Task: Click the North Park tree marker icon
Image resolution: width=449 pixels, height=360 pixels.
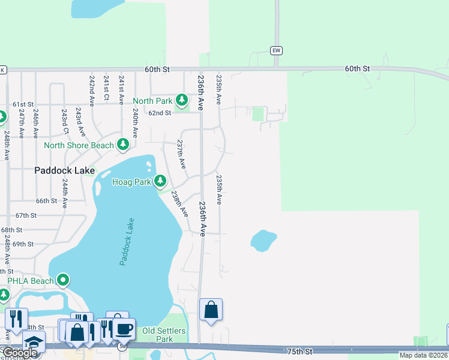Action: [182, 101]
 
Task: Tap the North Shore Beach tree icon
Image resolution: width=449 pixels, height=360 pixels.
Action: [123, 145]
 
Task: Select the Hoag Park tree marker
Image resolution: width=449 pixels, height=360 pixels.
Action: [160, 181]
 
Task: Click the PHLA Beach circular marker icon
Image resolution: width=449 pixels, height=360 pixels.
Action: [63, 280]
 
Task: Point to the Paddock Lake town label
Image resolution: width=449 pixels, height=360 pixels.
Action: [64, 170]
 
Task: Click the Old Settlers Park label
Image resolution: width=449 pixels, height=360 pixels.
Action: [164, 335]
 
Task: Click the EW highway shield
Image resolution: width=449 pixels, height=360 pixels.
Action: [276, 50]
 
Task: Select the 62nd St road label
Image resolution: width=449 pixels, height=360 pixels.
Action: [160, 113]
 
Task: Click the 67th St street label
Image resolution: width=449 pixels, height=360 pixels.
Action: [26, 215]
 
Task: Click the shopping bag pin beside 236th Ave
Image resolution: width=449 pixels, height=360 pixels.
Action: [211, 310]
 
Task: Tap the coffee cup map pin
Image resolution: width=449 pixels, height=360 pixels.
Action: [124, 329]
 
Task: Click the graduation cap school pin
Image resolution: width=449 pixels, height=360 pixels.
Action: [34, 342]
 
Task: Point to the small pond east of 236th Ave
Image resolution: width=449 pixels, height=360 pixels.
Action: [263, 241]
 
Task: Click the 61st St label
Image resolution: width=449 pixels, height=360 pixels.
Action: [23, 104]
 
